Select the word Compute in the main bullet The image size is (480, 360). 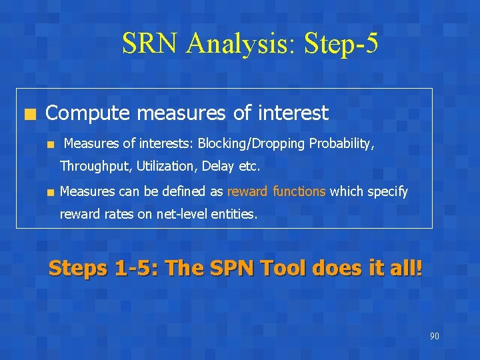(85, 113)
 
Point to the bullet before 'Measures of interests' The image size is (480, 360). (50, 144)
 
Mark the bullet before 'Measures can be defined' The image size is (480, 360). (50, 192)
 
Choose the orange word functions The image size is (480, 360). (299, 191)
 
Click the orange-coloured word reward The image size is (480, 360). (247, 191)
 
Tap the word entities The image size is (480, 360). (233, 214)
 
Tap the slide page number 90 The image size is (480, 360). (434, 336)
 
